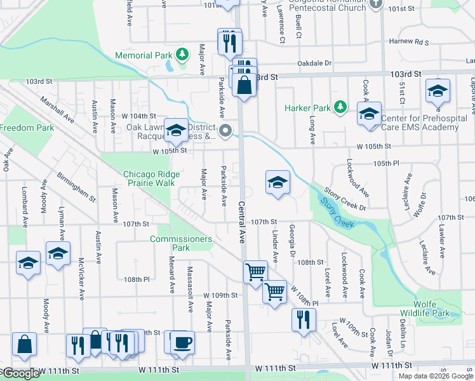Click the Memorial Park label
(x=144, y=55)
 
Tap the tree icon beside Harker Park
(x=340, y=107)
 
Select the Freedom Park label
(x=27, y=128)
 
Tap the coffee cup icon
(x=183, y=342)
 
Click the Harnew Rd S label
(x=409, y=43)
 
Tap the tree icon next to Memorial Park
(x=183, y=54)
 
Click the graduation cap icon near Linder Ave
(x=278, y=183)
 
